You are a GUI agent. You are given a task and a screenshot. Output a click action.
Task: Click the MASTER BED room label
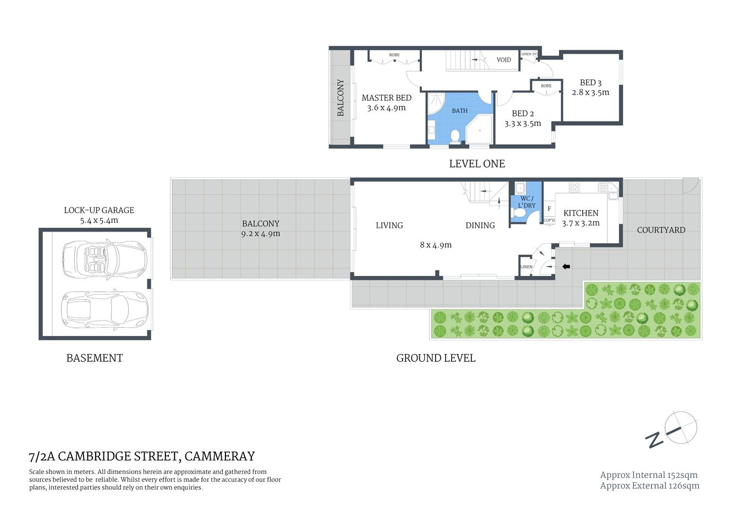pyautogui.click(x=386, y=98)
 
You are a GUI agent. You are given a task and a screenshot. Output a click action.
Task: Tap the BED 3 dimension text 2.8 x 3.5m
pyautogui.click(x=590, y=92)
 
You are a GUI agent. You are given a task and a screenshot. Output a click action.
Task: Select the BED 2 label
pyautogui.click(x=523, y=113)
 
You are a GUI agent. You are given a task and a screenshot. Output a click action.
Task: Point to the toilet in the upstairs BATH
pyautogui.click(x=455, y=135)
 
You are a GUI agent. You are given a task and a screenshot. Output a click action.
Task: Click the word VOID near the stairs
pyautogui.click(x=503, y=60)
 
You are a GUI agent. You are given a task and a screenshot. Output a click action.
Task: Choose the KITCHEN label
pyautogui.click(x=580, y=213)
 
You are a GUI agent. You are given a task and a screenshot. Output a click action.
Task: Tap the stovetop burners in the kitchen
pyautogui.click(x=574, y=187)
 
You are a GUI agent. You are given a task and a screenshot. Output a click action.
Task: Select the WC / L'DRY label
pyautogui.click(x=526, y=202)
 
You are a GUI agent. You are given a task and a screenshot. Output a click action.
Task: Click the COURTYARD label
pyautogui.click(x=661, y=230)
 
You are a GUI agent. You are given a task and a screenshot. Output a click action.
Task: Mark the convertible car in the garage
pyautogui.click(x=105, y=258)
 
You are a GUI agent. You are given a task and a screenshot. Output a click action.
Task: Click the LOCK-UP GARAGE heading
pyautogui.click(x=99, y=210)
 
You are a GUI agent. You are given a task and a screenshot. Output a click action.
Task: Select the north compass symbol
pyautogui.click(x=680, y=428)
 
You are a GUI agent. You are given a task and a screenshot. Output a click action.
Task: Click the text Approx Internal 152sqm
pyautogui.click(x=649, y=475)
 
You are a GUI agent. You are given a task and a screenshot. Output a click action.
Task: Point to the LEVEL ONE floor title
pyautogui.click(x=476, y=164)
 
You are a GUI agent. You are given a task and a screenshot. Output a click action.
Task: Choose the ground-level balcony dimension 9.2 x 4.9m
pyautogui.click(x=260, y=234)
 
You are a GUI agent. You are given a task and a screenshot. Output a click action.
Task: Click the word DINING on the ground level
pyautogui.click(x=480, y=226)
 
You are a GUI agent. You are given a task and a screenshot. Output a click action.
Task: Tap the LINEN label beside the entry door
pyautogui.click(x=526, y=267)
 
